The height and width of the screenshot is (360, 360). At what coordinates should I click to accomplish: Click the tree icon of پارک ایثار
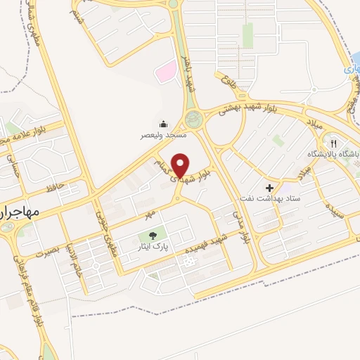(x=152, y=236)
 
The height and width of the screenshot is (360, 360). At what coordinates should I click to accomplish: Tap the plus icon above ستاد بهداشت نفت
(x=269, y=188)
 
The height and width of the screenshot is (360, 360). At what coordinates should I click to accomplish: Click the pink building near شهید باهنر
(x=166, y=71)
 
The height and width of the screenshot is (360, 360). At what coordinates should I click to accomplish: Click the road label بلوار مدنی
(x=243, y=224)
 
